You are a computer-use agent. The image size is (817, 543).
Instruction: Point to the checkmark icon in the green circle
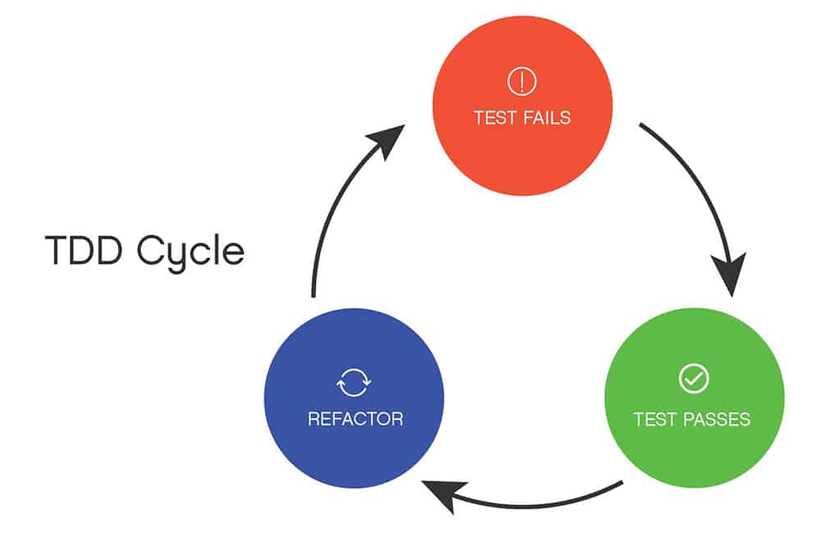click(693, 379)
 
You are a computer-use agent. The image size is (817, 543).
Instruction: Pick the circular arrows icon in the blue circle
click(354, 381)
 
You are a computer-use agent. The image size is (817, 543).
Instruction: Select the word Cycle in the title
click(190, 253)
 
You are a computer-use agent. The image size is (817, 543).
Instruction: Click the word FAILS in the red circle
click(545, 117)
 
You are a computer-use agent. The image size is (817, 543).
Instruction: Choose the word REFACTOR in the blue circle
click(355, 419)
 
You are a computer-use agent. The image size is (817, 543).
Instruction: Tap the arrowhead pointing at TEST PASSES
click(728, 275)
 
